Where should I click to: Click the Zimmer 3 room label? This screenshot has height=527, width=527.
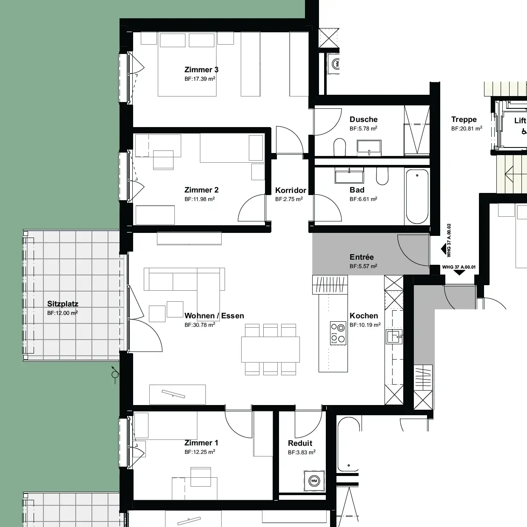201,70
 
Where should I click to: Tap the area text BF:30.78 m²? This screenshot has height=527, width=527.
199,325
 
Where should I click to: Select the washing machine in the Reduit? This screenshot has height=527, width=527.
314,481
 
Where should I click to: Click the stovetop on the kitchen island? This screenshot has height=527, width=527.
338,333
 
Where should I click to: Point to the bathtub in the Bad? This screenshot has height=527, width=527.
417,196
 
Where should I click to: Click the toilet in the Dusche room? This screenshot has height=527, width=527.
340,147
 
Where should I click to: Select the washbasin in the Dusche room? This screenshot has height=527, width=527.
369,147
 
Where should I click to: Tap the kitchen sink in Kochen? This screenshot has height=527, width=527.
394,336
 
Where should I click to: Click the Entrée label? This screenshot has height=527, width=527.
362,257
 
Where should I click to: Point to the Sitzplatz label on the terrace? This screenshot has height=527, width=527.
63,304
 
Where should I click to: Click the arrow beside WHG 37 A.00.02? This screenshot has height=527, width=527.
444,249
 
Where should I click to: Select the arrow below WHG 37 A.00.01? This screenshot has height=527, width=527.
459,273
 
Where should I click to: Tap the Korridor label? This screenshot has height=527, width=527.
291,190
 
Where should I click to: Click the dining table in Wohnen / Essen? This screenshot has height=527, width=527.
270,349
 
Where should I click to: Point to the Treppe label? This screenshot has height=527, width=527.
464,119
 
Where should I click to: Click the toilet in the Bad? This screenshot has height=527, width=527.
382,176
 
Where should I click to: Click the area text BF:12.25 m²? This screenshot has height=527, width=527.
199,452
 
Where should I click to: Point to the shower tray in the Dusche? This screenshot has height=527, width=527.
417,130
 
